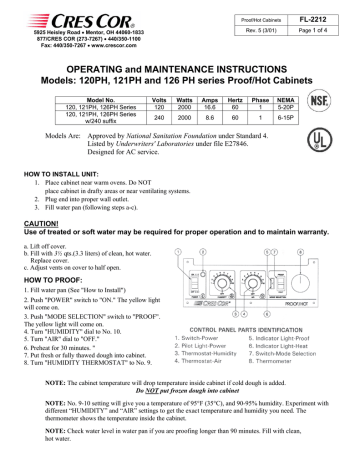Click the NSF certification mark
[x=320, y=100]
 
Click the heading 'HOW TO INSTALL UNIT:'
[x=64, y=175]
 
